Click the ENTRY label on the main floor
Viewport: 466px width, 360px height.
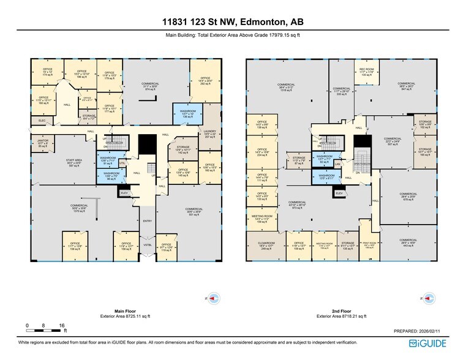(x=147, y=221)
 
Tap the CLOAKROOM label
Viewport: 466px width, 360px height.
(x=260, y=244)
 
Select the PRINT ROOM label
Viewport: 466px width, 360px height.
(x=369, y=244)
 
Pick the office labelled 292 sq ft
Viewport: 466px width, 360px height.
(x=205, y=81)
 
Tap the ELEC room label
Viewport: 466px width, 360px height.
(x=42, y=120)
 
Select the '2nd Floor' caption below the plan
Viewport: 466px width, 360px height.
(x=340, y=311)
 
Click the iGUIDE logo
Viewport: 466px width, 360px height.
(x=435, y=344)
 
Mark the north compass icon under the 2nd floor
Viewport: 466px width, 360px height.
(x=427, y=298)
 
